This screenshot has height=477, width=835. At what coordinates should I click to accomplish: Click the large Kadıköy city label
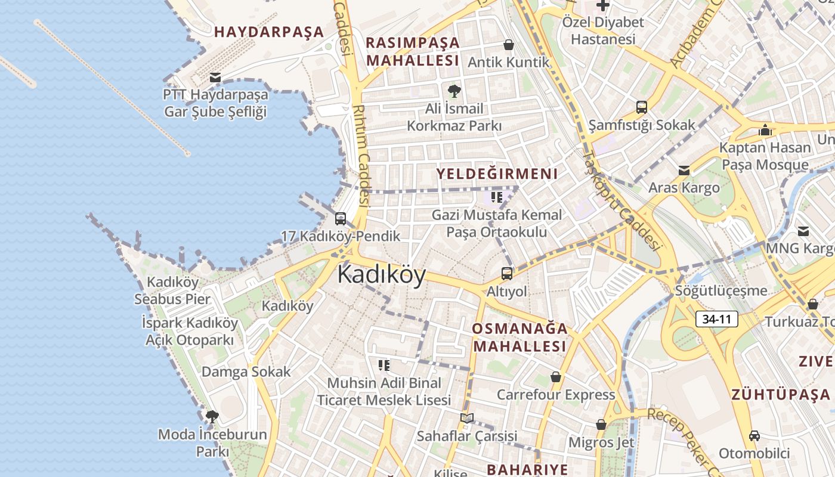[382, 275]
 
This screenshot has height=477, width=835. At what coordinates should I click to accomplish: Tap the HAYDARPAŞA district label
[269, 32]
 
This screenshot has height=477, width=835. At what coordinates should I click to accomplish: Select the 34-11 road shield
[716, 319]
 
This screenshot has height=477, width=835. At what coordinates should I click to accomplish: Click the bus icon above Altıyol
[507, 274]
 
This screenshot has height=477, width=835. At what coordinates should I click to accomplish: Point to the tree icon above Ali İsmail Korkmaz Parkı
[454, 91]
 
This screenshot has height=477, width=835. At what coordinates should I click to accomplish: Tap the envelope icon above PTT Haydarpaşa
[215, 77]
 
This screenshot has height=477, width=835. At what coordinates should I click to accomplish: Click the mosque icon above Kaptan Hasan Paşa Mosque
[765, 129]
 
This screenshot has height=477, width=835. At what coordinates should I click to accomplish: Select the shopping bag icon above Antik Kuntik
[509, 45]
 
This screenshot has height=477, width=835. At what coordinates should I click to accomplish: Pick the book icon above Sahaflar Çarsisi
[467, 418]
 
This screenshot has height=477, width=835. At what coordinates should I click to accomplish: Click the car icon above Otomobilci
[754, 435]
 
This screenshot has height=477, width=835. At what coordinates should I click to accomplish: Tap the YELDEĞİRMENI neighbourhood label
[497, 174]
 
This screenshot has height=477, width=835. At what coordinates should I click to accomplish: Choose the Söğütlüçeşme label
[721, 290]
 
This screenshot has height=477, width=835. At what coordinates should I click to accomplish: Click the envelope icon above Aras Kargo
[684, 171]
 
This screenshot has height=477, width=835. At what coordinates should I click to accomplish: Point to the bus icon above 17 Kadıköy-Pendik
[341, 219]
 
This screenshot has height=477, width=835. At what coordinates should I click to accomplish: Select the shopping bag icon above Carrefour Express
[556, 377]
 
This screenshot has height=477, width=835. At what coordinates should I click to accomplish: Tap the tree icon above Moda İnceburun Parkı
[212, 416]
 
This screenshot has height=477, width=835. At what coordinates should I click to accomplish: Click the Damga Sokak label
[246, 371]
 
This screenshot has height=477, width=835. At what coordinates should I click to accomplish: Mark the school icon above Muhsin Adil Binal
[384, 365]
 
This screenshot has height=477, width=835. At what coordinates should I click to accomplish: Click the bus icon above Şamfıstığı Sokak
[642, 107]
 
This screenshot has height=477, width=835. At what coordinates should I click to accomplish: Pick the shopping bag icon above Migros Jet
[601, 425]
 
